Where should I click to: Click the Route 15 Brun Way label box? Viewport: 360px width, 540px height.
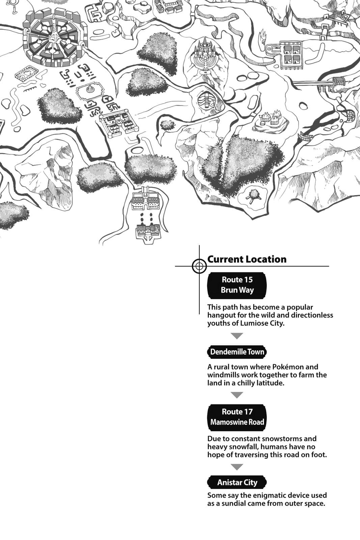tap(237, 285)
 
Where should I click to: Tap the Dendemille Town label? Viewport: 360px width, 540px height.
tap(237, 352)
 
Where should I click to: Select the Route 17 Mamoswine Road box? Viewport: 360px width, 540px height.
tap(237, 417)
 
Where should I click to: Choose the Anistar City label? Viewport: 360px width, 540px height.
tap(237, 482)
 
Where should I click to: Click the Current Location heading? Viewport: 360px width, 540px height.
tap(247, 259)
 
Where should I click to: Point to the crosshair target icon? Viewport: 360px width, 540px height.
tap(199, 266)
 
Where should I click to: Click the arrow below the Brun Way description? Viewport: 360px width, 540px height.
tap(237, 336)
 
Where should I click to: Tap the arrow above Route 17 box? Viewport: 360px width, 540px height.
tap(237, 395)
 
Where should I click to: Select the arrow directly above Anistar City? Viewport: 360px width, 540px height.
tap(237, 467)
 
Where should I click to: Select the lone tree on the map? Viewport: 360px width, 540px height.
tap(252, 195)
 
